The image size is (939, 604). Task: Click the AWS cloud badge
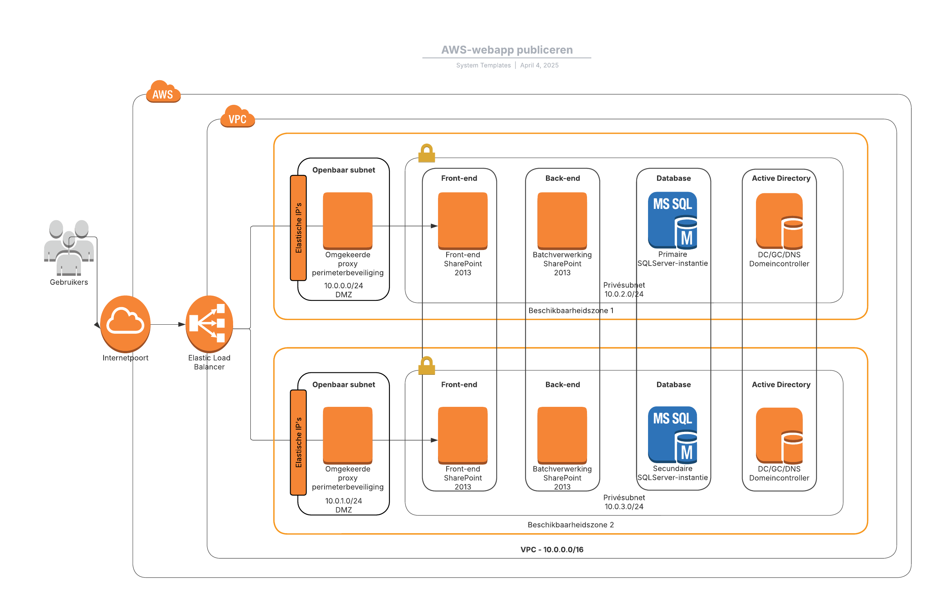coord(163,92)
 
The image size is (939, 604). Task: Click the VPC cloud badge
coord(237,117)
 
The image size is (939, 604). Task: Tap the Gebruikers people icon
coord(68,247)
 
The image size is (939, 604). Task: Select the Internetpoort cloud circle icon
coord(125,324)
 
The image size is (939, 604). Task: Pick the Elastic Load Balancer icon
coord(209,324)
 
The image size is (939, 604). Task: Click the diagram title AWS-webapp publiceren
coord(506,50)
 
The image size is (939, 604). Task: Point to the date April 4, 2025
coord(539,65)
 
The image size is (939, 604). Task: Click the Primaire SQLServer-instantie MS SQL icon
coord(672,220)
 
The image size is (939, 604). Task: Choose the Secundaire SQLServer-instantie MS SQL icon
coord(672,435)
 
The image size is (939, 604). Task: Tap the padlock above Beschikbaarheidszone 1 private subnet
coord(426,153)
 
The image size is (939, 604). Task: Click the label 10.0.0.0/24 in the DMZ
coord(343,286)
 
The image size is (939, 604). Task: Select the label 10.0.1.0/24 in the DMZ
coord(343,501)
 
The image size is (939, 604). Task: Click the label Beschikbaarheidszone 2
coord(571,525)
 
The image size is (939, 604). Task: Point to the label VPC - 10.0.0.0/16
coord(552,550)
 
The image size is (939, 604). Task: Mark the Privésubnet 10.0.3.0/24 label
coord(624,502)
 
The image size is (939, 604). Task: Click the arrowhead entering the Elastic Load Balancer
coord(182,324)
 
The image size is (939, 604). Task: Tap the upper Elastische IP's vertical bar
coord(298,228)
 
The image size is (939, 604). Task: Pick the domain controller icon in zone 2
coord(779,435)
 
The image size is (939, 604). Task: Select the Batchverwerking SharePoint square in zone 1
coord(562,221)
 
